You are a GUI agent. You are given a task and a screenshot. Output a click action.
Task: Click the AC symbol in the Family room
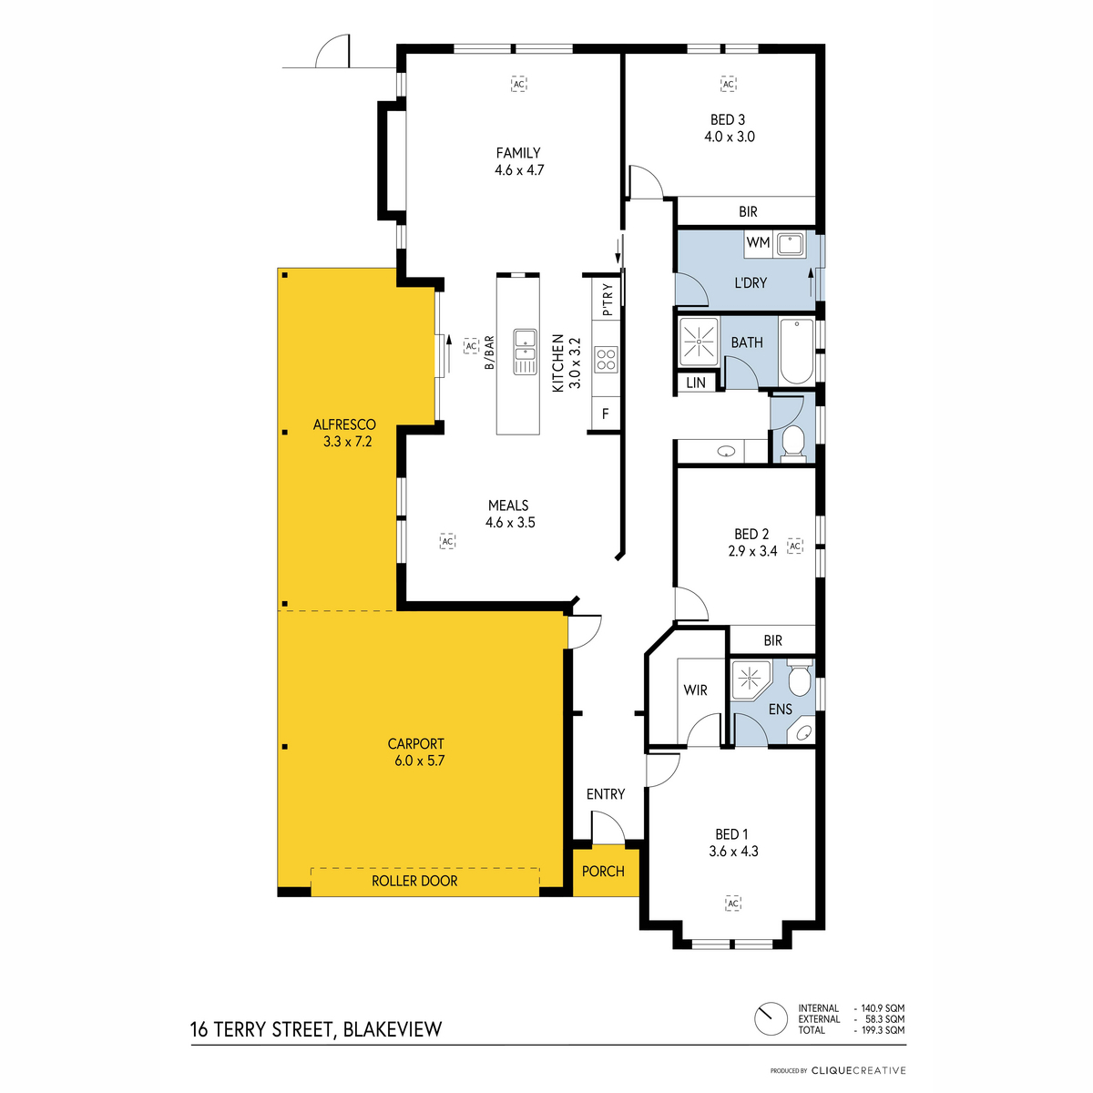pyautogui.click(x=518, y=85)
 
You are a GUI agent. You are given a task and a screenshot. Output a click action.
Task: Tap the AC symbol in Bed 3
pyautogui.click(x=729, y=85)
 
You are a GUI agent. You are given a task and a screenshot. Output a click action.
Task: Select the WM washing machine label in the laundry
pyautogui.click(x=758, y=243)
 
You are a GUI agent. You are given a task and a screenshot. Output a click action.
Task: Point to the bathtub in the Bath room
pyautogui.click(x=797, y=352)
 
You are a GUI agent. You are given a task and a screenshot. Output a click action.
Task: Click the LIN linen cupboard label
pyautogui.click(x=696, y=383)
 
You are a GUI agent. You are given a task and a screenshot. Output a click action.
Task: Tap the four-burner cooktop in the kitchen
pyautogui.click(x=606, y=360)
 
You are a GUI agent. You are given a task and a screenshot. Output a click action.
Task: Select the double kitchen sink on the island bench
pyautogui.click(x=526, y=352)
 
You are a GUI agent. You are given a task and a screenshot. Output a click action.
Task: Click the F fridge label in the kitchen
pyautogui.click(x=605, y=414)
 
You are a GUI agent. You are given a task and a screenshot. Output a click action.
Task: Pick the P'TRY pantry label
pyautogui.click(x=608, y=300)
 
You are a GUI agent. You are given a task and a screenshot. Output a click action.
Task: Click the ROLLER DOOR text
pyautogui.click(x=414, y=881)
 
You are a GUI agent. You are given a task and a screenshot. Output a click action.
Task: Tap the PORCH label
pyautogui.click(x=603, y=872)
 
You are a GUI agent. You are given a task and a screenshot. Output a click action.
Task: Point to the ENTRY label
pyautogui.click(x=606, y=794)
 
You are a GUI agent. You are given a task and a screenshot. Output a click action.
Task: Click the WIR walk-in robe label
pyautogui.click(x=695, y=690)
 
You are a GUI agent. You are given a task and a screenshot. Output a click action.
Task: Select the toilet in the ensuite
pyautogui.click(x=800, y=678)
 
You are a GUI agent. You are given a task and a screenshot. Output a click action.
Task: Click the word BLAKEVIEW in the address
pyautogui.click(x=393, y=1046)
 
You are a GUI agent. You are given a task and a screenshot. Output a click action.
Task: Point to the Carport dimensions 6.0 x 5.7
pyautogui.click(x=420, y=761)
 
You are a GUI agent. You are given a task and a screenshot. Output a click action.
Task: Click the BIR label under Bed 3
pyautogui.click(x=748, y=211)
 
